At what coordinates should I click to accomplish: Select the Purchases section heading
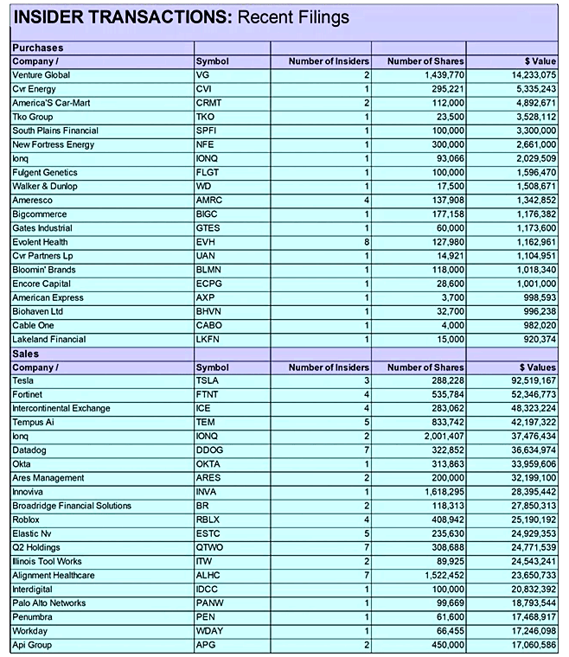click(x=37, y=48)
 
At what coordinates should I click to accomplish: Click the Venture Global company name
click(x=41, y=75)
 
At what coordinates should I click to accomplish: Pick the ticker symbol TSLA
click(x=208, y=381)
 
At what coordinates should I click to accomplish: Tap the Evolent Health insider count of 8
click(x=367, y=242)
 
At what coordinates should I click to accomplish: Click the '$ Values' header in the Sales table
click(x=536, y=367)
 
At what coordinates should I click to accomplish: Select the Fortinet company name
click(x=28, y=395)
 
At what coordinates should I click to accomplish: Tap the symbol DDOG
click(x=210, y=450)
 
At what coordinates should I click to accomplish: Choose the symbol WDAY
click(x=209, y=631)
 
